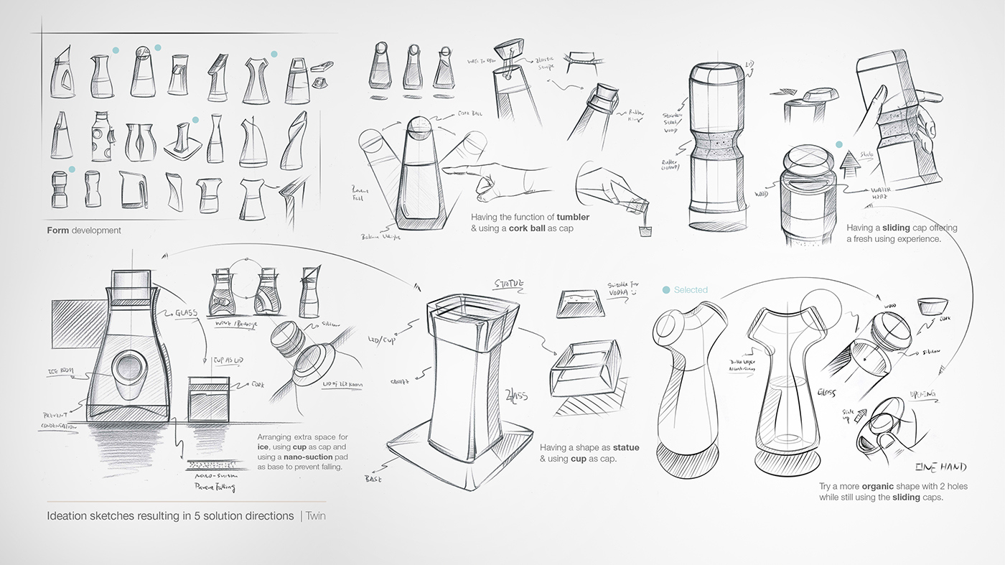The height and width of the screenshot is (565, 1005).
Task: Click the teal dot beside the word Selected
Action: point(666,290)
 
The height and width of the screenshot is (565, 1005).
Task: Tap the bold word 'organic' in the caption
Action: point(877,487)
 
